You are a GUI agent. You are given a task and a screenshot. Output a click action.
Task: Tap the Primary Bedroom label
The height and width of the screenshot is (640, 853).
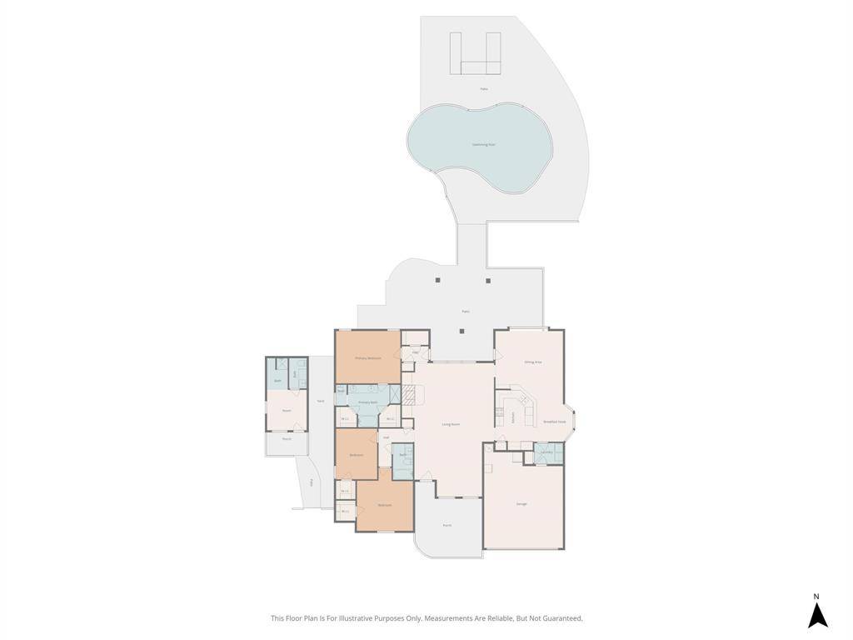point(367,357)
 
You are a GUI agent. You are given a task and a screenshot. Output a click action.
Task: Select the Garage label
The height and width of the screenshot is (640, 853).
point(521,504)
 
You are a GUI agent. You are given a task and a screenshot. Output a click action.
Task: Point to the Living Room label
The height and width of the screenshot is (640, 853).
point(451,424)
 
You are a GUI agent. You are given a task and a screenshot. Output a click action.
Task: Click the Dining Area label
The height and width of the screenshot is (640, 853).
point(533,362)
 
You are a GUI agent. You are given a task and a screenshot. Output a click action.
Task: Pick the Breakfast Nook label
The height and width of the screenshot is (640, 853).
point(555,422)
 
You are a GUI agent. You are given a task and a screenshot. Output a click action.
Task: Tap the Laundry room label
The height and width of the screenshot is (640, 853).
point(546,452)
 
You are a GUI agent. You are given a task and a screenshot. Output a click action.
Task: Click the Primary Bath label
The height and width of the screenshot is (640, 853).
point(367,402)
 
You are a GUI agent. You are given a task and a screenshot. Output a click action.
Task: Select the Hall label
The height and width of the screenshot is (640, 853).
point(386,436)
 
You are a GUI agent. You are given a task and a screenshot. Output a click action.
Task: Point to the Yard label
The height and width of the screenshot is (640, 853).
point(321,402)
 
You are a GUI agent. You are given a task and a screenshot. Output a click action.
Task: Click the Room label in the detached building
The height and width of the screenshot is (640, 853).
point(286,411)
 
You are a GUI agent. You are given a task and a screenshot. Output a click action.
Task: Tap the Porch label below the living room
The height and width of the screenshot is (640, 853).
point(446,526)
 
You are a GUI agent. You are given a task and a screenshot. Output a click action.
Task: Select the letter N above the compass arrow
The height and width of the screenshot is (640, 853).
point(817,596)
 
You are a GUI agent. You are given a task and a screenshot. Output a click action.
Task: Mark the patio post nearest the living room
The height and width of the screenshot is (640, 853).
point(462,331)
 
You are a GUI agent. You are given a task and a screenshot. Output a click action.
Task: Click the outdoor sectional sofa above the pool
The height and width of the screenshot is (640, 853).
point(476,55)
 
